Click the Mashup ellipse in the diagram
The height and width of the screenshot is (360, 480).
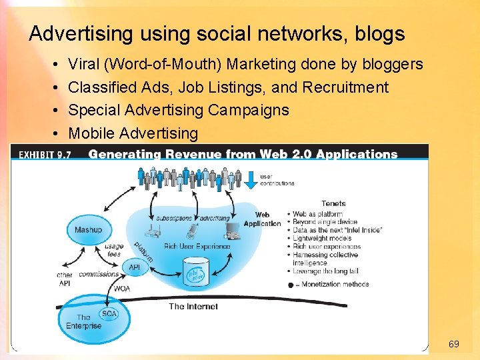click(88, 231)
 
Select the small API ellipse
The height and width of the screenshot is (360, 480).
click(134, 267)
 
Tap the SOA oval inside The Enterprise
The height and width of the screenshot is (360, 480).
click(108, 313)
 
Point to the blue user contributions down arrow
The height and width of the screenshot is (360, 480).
click(251, 177)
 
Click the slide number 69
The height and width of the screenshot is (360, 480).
click(453, 344)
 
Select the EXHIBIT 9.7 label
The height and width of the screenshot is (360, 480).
click(45, 155)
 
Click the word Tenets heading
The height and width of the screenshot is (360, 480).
click(333, 204)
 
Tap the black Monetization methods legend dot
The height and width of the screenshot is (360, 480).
click(290, 285)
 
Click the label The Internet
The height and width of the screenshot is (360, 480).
click(193, 307)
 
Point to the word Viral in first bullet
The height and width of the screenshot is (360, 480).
click(82, 64)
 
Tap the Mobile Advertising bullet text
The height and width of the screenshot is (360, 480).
click(133, 133)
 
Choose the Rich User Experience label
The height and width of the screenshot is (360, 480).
click(197, 247)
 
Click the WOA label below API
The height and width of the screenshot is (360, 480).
click(122, 289)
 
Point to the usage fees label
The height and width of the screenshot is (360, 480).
click(114, 250)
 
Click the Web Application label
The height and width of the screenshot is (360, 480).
click(263, 219)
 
